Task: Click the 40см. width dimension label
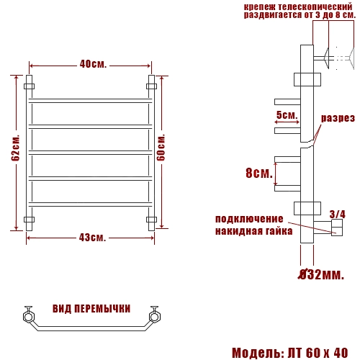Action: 91,64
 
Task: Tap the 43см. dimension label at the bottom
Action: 91,238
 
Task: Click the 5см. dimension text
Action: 287,115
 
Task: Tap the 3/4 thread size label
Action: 337,214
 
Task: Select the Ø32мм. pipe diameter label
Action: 321,274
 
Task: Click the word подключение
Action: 249,219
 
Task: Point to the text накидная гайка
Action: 253,231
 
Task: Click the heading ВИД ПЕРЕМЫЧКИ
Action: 91,308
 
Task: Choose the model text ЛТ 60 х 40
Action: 316,353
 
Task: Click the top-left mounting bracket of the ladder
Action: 30,86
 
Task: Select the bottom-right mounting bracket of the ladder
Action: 151,219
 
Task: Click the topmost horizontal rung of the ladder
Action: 91,99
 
